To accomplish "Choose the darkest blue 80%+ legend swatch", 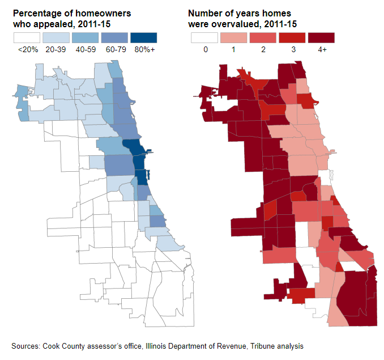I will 144,38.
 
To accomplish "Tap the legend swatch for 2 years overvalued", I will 263,38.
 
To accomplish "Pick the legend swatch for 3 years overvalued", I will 292,38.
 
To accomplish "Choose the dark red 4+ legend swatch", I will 321,38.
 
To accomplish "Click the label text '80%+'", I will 144,50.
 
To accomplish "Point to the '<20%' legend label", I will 28,50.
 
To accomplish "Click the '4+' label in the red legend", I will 321,50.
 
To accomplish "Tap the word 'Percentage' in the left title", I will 35,13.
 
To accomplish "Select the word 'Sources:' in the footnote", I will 25,345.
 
